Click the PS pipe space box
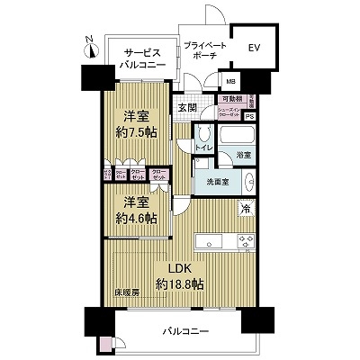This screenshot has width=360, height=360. coord(249,116)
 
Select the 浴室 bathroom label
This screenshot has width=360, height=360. coord(243,156)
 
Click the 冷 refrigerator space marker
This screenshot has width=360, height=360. coord(244,209)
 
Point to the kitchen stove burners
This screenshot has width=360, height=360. coord(243,241)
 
